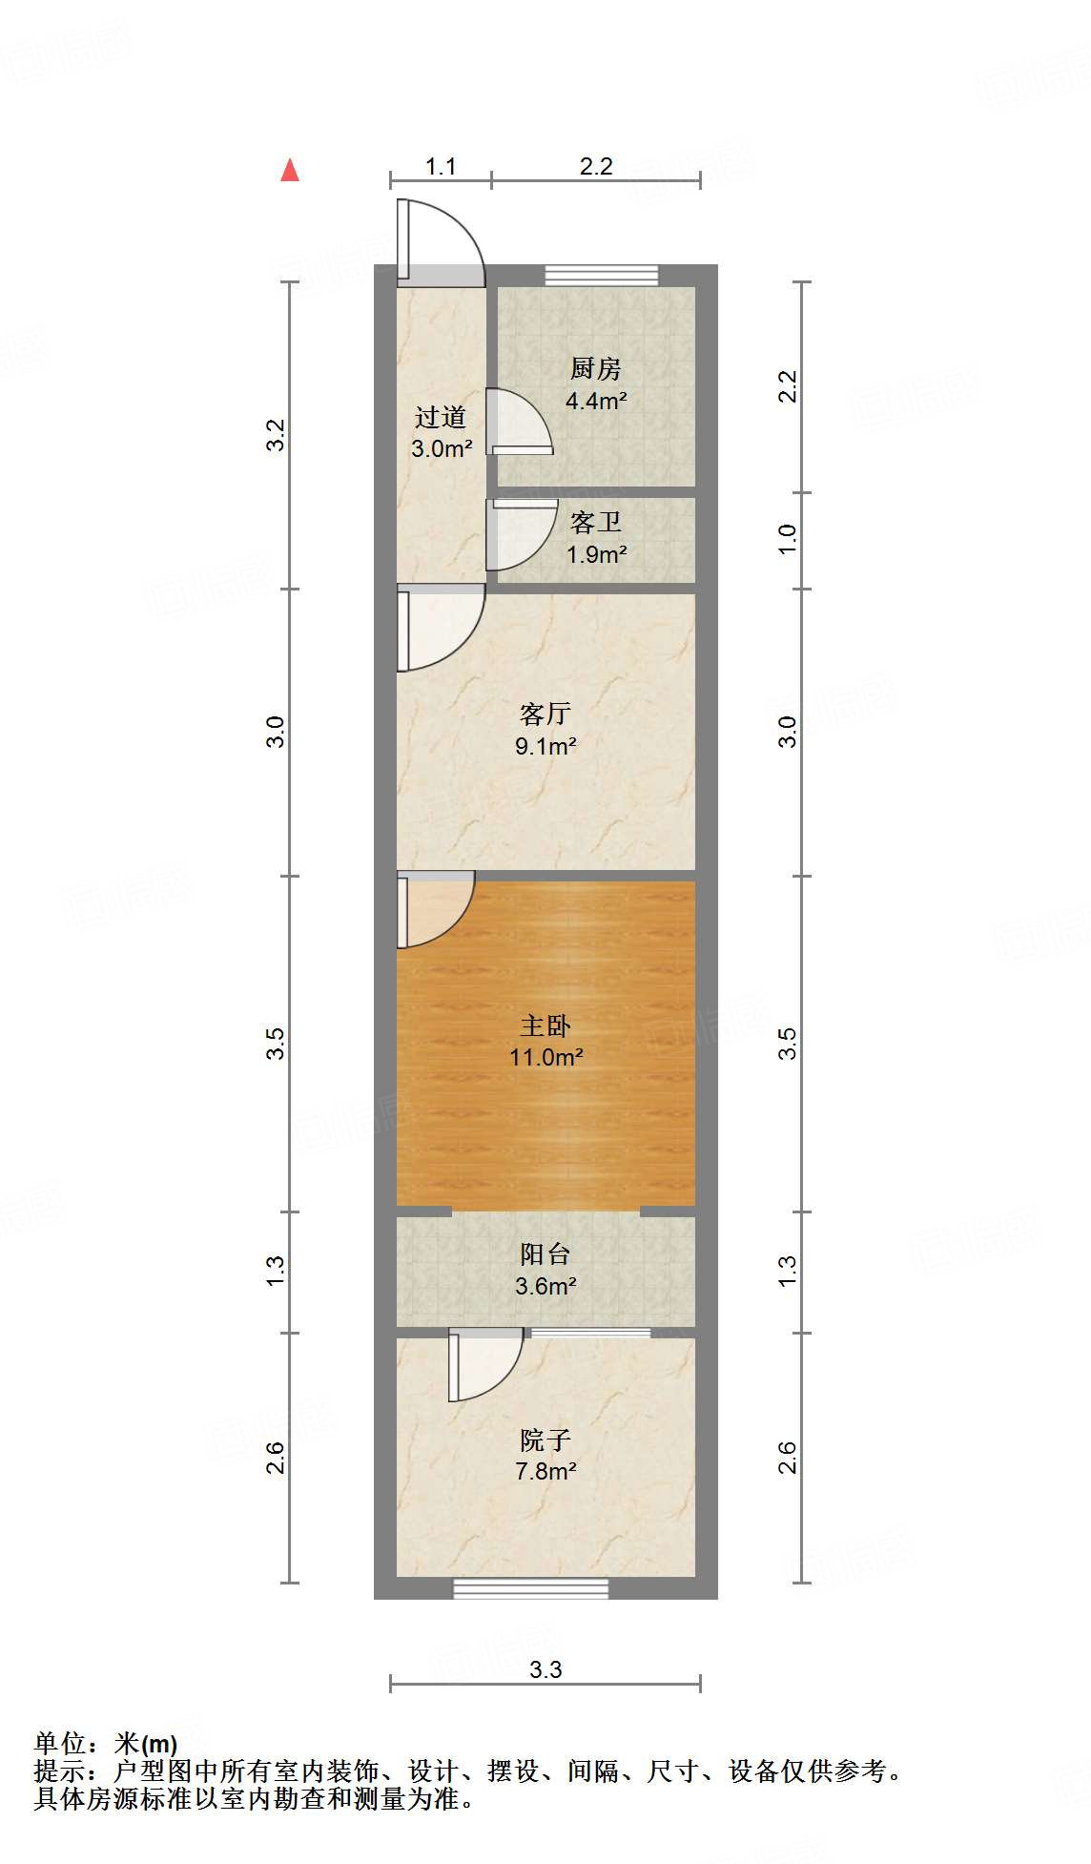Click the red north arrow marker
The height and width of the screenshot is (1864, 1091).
click(290, 170)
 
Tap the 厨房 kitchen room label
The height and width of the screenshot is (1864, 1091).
click(596, 368)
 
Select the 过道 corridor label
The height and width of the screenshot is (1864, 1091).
click(441, 417)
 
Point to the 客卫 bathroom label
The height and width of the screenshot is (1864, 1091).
click(596, 522)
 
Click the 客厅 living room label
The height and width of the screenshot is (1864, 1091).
click(545, 714)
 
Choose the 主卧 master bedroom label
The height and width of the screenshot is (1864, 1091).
click(545, 1025)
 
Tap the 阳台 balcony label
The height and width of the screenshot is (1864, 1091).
click(545, 1253)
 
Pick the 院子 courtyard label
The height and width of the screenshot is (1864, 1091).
click(545, 1439)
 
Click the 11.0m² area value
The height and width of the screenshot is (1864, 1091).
click(545, 1057)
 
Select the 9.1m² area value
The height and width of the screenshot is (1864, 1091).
click(545, 746)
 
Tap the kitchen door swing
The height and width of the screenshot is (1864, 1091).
click(518, 422)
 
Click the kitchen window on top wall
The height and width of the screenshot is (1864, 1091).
click(602, 275)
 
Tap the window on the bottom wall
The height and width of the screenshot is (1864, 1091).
click(530, 1588)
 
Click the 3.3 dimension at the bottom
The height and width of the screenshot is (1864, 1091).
click(545, 1669)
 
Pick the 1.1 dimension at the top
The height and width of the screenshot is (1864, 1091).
click(441, 167)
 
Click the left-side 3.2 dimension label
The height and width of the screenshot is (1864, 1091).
click(276, 435)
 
